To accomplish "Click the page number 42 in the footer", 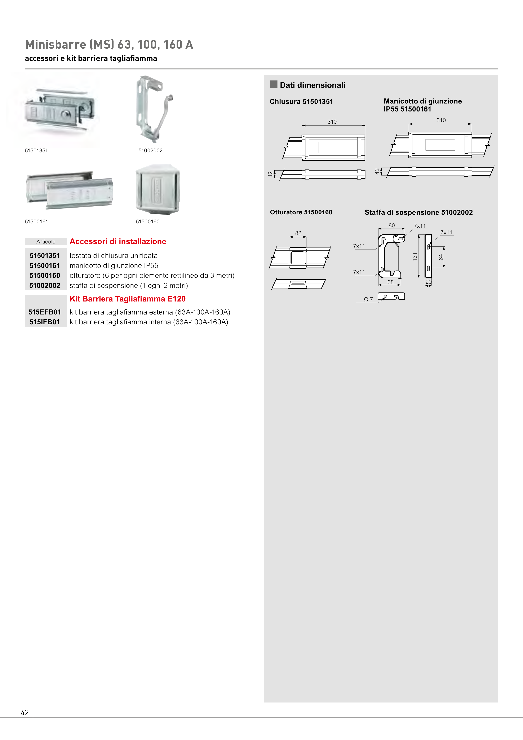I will pyautogui.click(x=25, y=712).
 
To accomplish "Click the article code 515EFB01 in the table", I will pyautogui.click(x=45, y=312).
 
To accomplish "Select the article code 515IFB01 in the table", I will pyautogui.click(x=45, y=322).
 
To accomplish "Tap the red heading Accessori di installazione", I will pyautogui.click(x=118, y=241).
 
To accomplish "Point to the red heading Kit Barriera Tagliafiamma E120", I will pyautogui.click(x=128, y=299).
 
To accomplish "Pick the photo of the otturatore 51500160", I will pyautogui.click(x=157, y=189).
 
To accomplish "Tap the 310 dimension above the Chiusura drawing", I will pyautogui.click(x=332, y=122).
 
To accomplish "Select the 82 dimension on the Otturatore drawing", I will pyautogui.click(x=298, y=233).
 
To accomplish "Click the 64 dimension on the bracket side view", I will pyautogui.click(x=441, y=257).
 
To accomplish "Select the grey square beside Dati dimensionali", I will pyautogui.click(x=274, y=84).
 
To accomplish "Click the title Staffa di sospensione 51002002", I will pyautogui.click(x=419, y=212).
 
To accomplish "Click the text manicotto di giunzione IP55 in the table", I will pyautogui.click(x=114, y=266).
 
